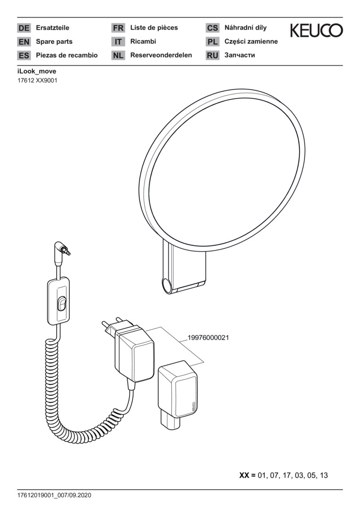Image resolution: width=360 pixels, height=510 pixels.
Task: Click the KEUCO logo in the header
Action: click(x=317, y=30)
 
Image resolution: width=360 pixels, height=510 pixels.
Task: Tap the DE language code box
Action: click(x=24, y=28)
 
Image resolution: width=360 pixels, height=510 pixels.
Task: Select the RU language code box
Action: click(x=212, y=55)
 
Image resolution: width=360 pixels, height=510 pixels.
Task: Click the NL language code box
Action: click(x=118, y=55)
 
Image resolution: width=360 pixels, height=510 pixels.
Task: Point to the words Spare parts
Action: click(x=54, y=42)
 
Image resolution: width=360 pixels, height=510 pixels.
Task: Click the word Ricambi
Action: click(x=143, y=41)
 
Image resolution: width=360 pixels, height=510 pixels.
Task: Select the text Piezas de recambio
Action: click(x=67, y=55)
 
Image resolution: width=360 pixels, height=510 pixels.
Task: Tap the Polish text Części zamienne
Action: click(x=251, y=42)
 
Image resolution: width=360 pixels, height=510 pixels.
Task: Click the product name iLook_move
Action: click(x=37, y=71)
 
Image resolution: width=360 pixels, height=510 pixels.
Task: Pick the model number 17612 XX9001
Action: click(x=37, y=81)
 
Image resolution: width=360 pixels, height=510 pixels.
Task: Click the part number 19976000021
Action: click(x=208, y=338)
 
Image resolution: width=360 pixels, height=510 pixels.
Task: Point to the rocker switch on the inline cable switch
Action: click(x=61, y=304)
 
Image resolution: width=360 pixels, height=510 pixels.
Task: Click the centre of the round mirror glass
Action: click(x=224, y=171)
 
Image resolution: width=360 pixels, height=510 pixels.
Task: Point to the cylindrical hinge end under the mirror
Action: click(x=168, y=286)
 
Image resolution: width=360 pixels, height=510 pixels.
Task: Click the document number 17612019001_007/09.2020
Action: click(x=54, y=495)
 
